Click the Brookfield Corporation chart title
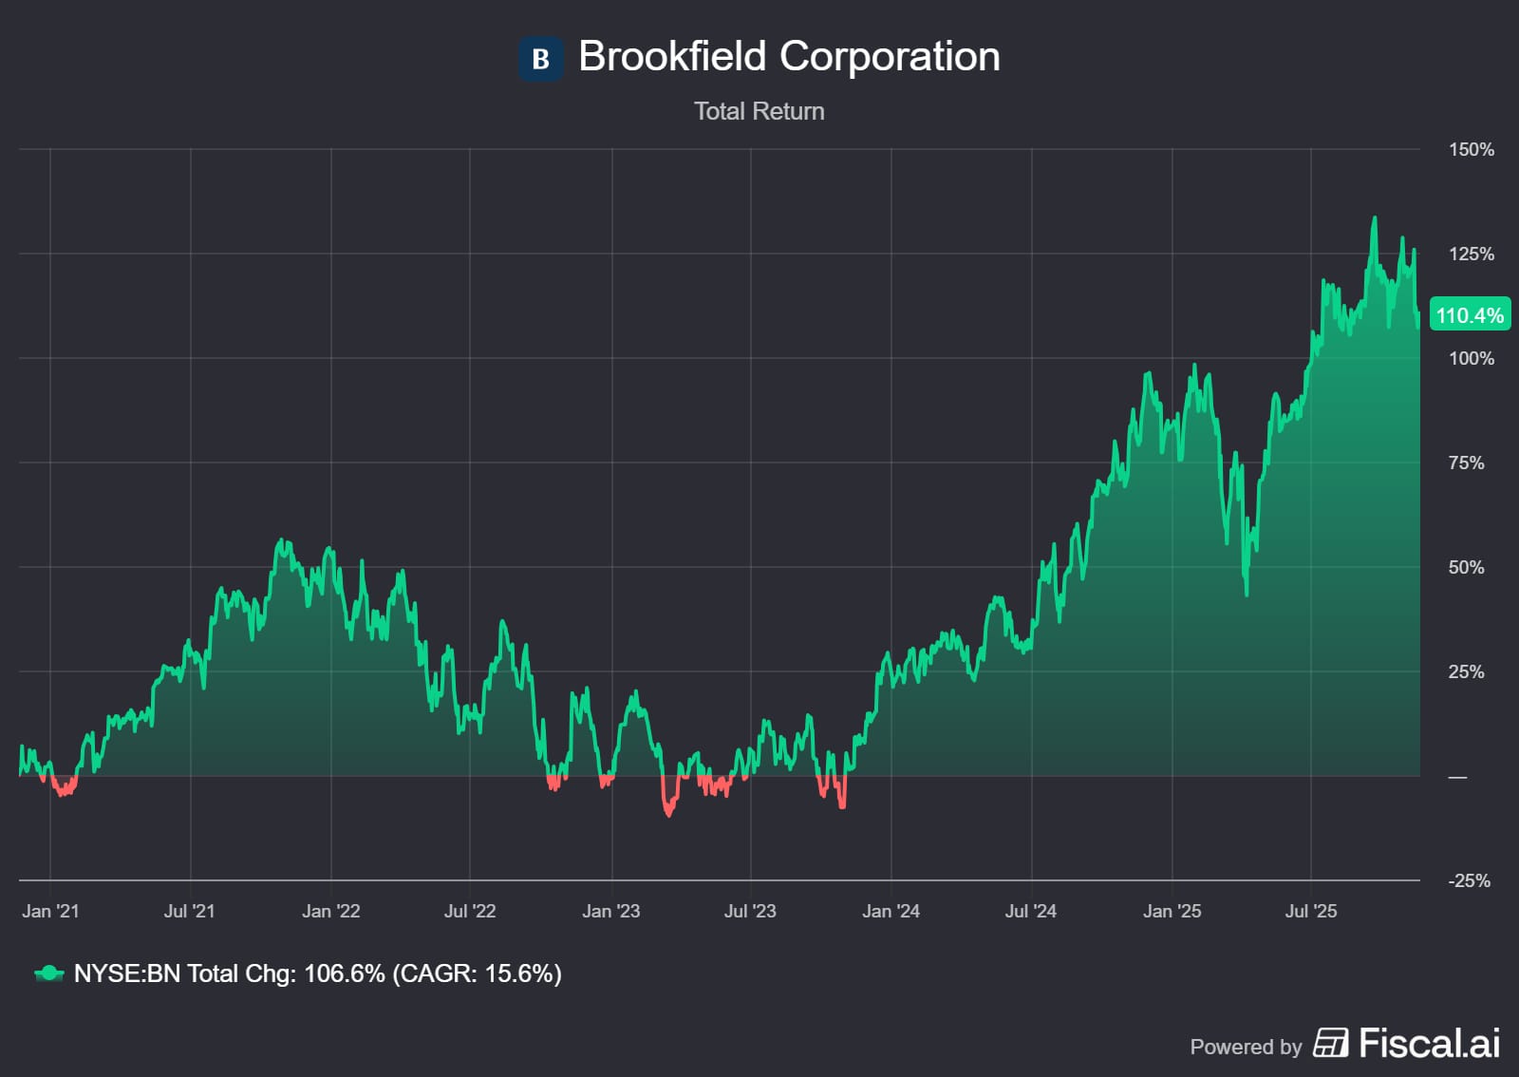[x=788, y=57]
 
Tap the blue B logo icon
[x=540, y=59]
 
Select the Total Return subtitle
[x=759, y=111]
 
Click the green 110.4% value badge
[x=1469, y=315]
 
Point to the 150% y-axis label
[x=1471, y=150]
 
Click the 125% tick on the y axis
[x=1471, y=255]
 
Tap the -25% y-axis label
[x=1469, y=881]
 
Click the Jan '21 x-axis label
[x=50, y=912]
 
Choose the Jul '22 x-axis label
[x=470, y=912]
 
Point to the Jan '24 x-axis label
[x=891, y=912]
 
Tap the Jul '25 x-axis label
[x=1310, y=912]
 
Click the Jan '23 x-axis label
[x=610, y=912]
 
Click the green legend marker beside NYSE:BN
[x=48, y=973]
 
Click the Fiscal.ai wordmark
[x=1429, y=1044]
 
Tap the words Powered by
[x=1246, y=1047]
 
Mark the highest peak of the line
[x=1374, y=218]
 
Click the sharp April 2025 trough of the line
[x=1247, y=595]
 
